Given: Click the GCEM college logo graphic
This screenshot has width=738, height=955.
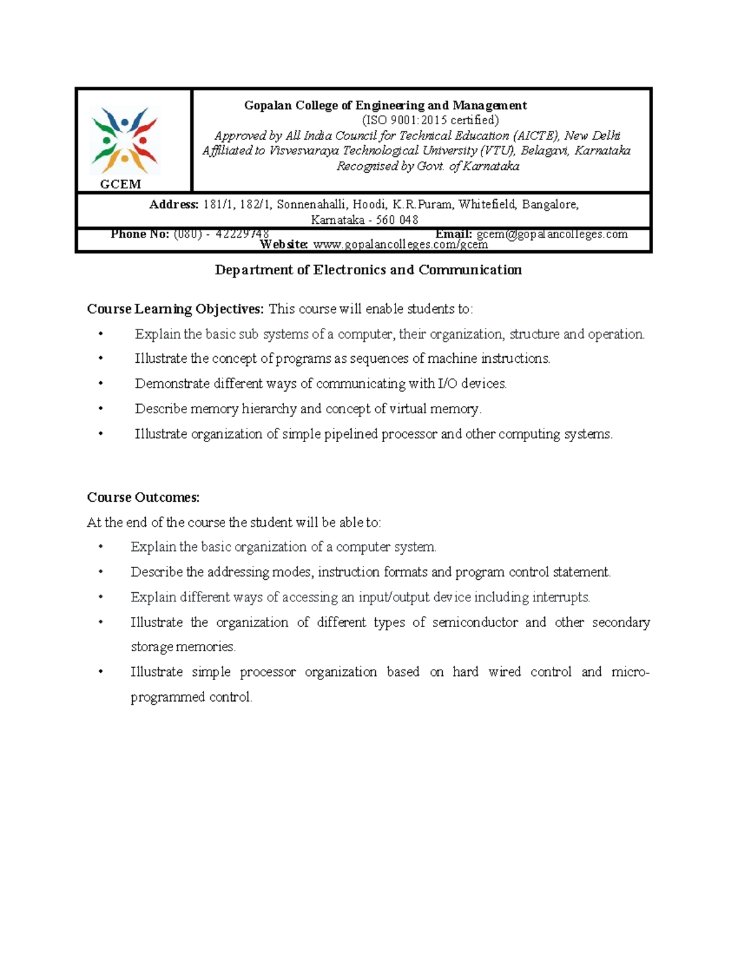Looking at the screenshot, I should [125, 141].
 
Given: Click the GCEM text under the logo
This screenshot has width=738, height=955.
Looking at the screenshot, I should [121, 184].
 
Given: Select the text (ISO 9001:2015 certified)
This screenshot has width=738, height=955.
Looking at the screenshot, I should [430, 120].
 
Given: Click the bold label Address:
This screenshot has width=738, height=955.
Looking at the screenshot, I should [174, 205].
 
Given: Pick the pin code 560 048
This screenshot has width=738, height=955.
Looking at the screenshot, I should [397, 220].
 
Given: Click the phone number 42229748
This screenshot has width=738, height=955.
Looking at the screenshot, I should [242, 234].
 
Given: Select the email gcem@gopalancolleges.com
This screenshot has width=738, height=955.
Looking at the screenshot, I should [552, 234].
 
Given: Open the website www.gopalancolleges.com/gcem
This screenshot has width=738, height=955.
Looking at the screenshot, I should [400, 245].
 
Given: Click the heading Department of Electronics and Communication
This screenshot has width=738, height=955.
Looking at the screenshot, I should [368, 270].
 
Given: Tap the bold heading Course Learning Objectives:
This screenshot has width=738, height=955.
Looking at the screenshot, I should [175, 309].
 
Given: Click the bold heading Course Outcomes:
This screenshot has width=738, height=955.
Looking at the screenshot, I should [143, 497].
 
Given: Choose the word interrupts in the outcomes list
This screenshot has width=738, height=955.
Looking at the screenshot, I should [560, 597].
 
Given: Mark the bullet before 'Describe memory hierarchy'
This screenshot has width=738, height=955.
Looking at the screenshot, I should [101, 409].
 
